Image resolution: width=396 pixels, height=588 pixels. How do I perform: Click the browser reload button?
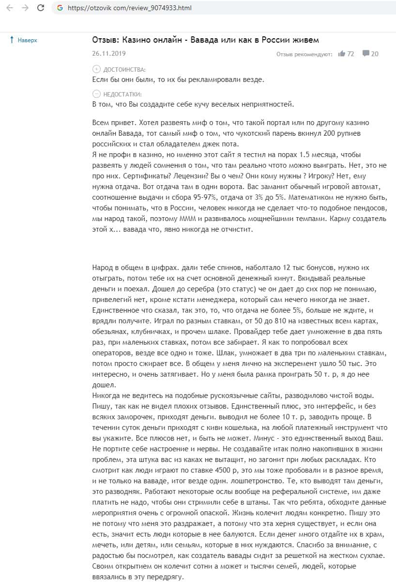point(41,8)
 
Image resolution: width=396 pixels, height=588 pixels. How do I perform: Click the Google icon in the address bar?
point(60,8)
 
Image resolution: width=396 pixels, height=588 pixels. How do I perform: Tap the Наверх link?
point(27,40)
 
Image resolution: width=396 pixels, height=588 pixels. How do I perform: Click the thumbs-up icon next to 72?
point(342,54)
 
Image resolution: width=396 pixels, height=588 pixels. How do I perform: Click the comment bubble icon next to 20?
point(366,53)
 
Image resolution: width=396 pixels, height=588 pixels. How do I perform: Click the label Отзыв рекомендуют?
point(304,54)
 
